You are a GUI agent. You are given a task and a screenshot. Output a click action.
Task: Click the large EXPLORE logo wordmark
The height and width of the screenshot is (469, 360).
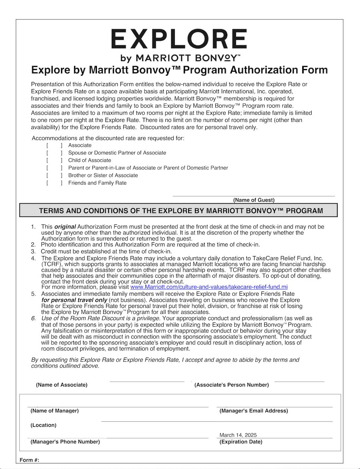(x=179, y=39)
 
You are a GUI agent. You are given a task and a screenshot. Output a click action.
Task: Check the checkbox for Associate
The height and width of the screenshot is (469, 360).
(x=54, y=145)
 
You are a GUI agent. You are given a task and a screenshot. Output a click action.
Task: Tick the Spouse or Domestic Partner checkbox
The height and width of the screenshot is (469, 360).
(x=54, y=153)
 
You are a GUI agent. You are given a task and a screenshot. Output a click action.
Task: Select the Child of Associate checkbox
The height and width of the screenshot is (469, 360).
(x=54, y=160)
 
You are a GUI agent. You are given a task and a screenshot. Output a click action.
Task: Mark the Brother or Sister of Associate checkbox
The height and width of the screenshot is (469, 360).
(x=54, y=175)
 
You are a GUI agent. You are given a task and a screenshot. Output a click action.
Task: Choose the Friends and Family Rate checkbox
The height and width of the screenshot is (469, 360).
(x=54, y=183)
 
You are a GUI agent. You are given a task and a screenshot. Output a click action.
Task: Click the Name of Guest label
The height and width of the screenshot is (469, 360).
(x=254, y=200)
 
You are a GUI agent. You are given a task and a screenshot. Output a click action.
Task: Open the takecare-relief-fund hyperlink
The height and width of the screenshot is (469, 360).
(x=209, y=287)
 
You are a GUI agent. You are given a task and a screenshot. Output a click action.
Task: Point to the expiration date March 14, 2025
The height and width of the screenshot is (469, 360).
(x=238, y=435)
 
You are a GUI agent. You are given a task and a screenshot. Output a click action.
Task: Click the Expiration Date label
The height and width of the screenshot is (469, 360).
(x=241, y=442)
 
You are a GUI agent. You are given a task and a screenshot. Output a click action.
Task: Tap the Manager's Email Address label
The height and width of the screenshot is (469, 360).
(x=254, y=411)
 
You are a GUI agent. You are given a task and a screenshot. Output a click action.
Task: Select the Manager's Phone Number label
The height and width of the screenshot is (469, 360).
(x=65, y=442)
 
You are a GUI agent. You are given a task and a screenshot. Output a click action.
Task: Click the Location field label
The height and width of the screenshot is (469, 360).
(x=44, y=425)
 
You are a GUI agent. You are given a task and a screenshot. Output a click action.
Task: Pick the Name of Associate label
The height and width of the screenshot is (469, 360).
(x=62, y=385)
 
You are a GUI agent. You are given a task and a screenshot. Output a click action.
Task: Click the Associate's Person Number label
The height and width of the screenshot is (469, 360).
(x=231, y=385)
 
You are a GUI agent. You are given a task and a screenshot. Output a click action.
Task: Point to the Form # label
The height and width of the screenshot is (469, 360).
(x=29, y=460)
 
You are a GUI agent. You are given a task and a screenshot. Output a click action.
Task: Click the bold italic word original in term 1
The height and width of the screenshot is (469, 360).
(x=65, y=227)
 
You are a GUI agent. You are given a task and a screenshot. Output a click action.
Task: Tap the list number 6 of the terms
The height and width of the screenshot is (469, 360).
(x=34, y=318)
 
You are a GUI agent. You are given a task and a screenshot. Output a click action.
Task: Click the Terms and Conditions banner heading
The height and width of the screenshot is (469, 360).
(x=181, y=211)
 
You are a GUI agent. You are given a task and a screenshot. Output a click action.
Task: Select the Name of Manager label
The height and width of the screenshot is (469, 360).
(x=55, y=411)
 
